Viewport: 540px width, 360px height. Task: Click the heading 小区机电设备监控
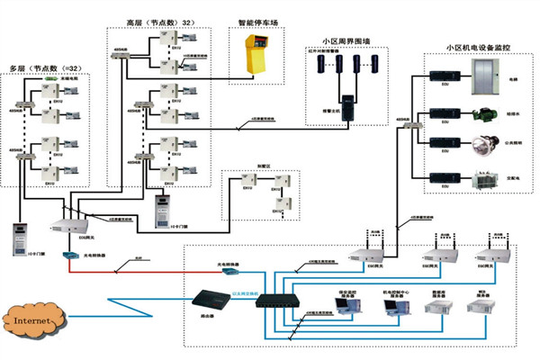click(476, 47)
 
